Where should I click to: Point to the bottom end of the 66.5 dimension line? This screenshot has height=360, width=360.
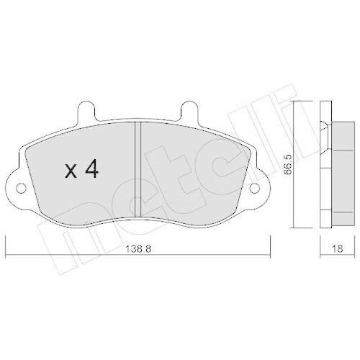294,224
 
